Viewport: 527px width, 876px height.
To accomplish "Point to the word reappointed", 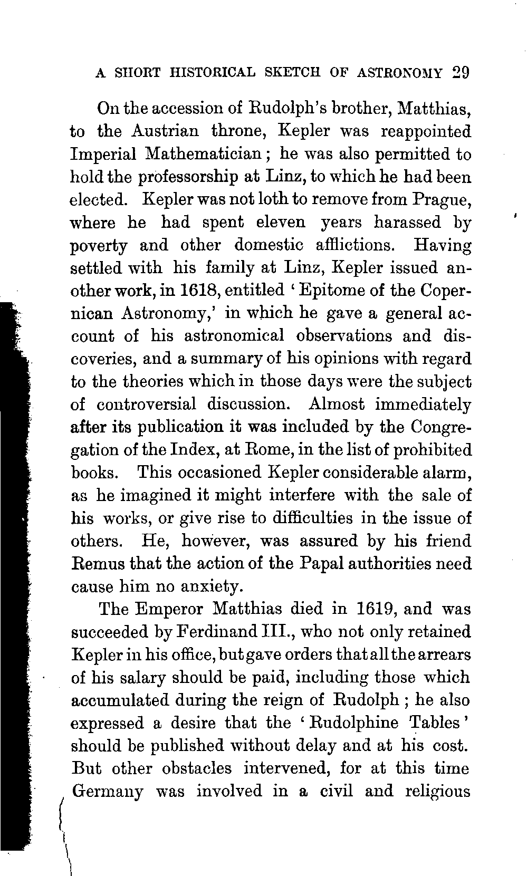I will point(426,131).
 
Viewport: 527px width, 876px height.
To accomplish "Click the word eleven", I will point(280,223).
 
